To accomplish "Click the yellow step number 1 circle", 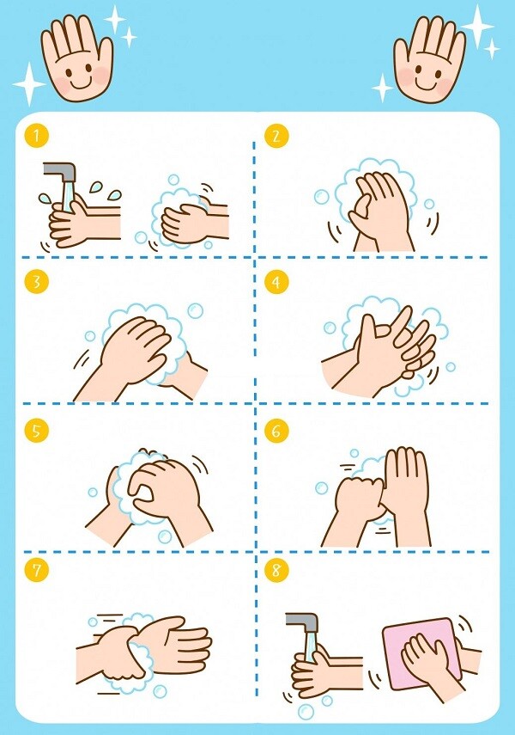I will coord(34,136).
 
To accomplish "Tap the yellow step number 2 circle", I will coord(276,136).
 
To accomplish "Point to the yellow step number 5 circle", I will coord(34,431).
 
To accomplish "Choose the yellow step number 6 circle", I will coord(276,431).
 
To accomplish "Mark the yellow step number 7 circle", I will coord(34,569).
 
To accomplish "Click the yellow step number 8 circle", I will coord(276,569).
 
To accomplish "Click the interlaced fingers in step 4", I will coord(386,344).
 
